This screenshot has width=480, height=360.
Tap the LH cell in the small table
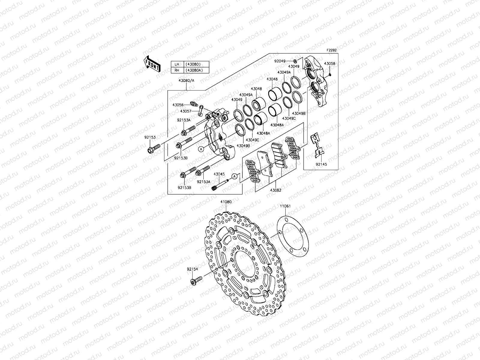pos(177,64)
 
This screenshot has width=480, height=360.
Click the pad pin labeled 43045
pos(222,184)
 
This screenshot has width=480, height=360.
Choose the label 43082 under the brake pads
pos(275,190)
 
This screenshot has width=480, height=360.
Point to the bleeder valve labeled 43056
pos(194,104)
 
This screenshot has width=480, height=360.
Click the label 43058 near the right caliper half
pos(329,64)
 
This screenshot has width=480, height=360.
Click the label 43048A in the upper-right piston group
pos(277,125)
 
